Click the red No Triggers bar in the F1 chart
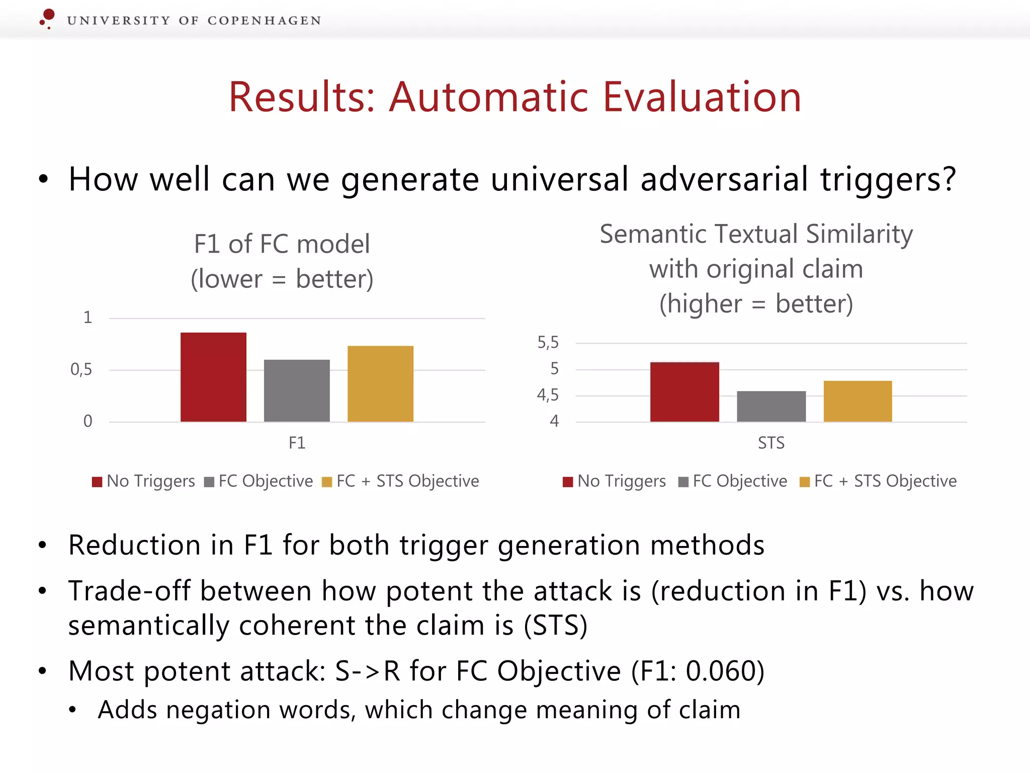[x=213, y=377]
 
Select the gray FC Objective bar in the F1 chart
[x=297, y=391]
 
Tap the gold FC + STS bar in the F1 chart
[x=380, y=383]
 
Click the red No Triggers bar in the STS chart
[x=684, y=392]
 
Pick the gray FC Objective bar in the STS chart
[x=771, y=406]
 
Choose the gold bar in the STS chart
[x=857, y=401]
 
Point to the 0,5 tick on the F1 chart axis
[x=81, y=370]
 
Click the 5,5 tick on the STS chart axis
[x=548, y=343]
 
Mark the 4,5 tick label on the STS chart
[x=548, y=395]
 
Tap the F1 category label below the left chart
[x=297, y=443]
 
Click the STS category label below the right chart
[x=771, y=443]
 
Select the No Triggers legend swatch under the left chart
[x=97, y=482]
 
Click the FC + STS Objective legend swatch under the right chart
[x=805, y=482]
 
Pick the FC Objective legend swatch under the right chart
[x=683, y=482]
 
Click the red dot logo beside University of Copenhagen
[x=48, y=17]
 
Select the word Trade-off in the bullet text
[x=129, y=591]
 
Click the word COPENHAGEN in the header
[x=264, y=21]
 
